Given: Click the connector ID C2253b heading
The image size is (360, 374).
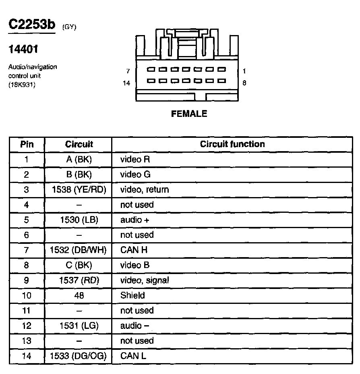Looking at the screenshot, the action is [x=31, y=25].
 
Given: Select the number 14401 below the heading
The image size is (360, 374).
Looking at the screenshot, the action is [x=23, y=50].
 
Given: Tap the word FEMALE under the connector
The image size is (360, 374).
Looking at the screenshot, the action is [x=189, y=114].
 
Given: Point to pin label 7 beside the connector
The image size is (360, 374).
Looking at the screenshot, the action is [x=128, y=71].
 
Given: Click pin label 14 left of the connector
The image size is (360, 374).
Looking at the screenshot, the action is [x=126, y=83].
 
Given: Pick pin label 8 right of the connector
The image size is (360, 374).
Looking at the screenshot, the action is [x=244, y=83].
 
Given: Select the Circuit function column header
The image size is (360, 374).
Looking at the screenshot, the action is [x=232, y=144].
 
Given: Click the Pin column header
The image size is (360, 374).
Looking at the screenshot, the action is [x=27, y=144].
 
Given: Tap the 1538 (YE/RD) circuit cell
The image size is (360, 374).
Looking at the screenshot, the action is [x=79, y=190].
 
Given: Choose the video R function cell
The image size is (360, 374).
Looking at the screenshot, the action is [x=135, y=160].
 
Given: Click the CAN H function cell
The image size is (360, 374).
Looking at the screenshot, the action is [x=134, y=250].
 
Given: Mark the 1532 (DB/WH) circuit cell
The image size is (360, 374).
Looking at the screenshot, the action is [x=79, y=250].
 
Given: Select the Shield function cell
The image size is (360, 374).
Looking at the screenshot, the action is [x=132, y=295].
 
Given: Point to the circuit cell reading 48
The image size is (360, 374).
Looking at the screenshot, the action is [x=79, y=295].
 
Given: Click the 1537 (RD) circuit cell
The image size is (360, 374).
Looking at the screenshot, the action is [x=79, y=280].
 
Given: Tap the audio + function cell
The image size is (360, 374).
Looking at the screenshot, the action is [x=135, y=220].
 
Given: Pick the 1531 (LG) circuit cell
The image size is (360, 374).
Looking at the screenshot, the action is [x=79, y=326].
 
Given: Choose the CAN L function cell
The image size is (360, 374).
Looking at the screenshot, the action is [x=133, y=356].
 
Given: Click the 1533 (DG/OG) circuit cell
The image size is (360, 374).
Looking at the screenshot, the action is [x=79, y=356].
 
